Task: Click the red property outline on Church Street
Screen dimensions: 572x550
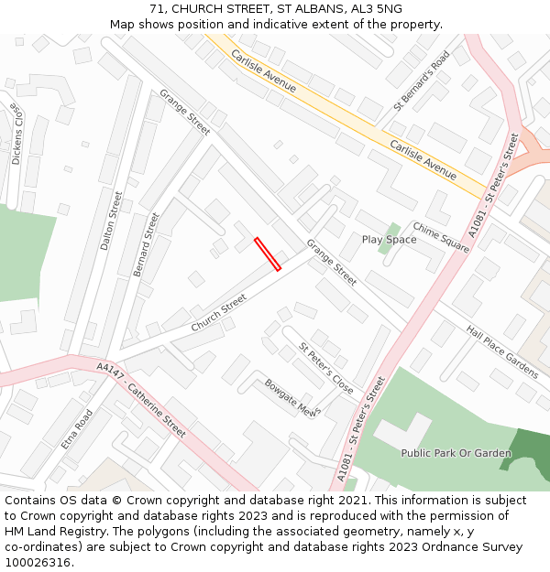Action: point(267,254)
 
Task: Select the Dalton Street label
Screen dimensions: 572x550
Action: point(111,221)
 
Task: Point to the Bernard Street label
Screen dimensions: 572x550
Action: point(146,244)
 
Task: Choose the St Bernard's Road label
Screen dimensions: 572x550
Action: point(422,80)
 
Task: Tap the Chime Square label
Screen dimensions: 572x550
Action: point(440,235)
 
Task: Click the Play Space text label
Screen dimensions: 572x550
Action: point(389,240)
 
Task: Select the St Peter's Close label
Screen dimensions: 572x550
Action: point(325,368)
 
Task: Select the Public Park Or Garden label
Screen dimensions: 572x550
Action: point(456,453)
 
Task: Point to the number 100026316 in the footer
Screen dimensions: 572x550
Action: point(37,562)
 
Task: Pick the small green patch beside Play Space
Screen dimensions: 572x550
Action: point(391,230)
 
